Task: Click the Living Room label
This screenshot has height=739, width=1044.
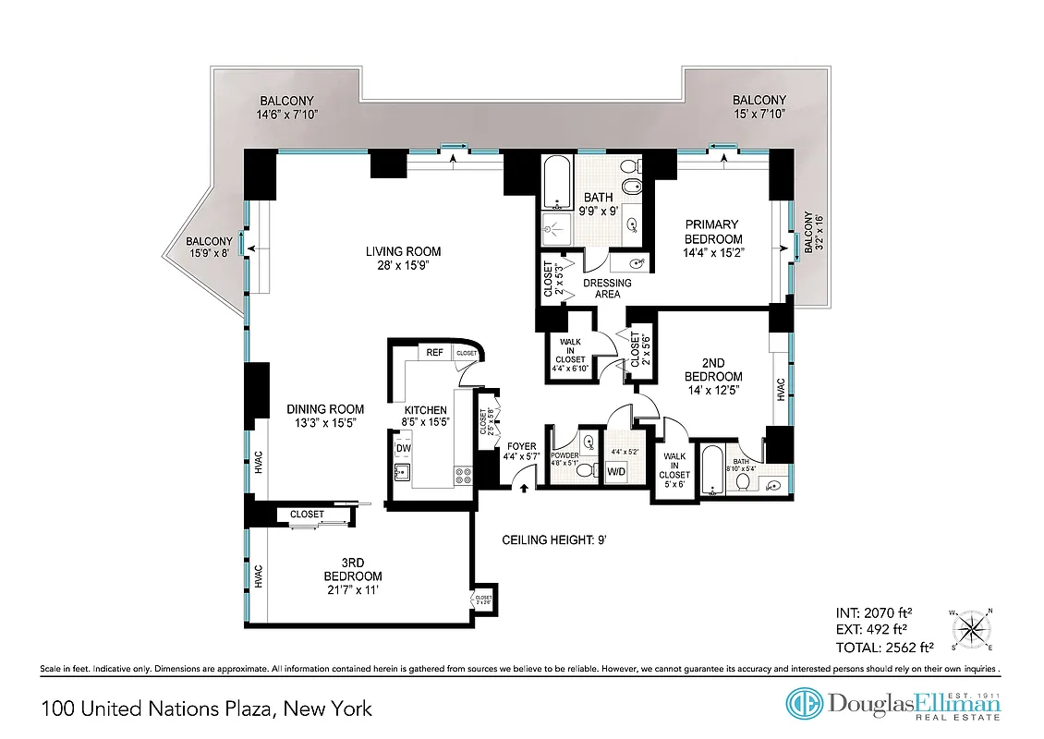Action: coord(403,251)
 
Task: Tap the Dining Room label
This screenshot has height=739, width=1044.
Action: coord(324,409)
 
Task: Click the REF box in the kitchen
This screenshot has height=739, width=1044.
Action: coord(434,353)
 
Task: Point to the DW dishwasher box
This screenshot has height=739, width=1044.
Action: coord(403,449)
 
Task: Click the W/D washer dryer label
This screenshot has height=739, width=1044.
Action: coord(616,472)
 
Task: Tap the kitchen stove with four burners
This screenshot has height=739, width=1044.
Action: coord(464,477)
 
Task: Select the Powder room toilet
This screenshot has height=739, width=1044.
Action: coord(585,470)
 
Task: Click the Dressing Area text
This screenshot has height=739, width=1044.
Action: coord(607,288)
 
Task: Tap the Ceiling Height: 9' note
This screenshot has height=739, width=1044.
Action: coord(554,539)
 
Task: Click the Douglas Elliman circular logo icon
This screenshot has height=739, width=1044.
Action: coord(805,704)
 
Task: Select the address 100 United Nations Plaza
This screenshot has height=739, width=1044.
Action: coord(207,709)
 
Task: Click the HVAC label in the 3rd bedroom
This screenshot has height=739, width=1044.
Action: coord(259,576)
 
